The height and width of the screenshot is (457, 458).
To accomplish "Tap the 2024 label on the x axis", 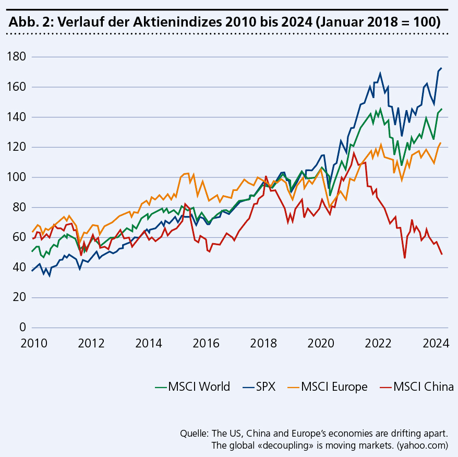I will pos(436,343).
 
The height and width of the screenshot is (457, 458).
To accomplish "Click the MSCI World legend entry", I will pos(193,387).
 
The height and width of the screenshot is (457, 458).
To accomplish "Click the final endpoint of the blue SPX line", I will pos(441,68).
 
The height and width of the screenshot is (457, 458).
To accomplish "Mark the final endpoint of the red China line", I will pos(442,254).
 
